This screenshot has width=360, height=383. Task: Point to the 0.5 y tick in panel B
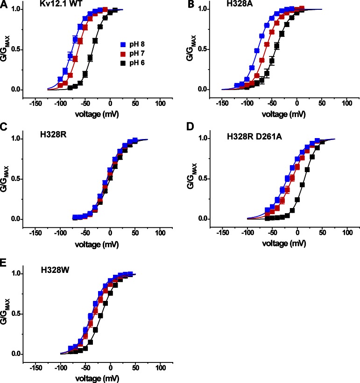point(204,49)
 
